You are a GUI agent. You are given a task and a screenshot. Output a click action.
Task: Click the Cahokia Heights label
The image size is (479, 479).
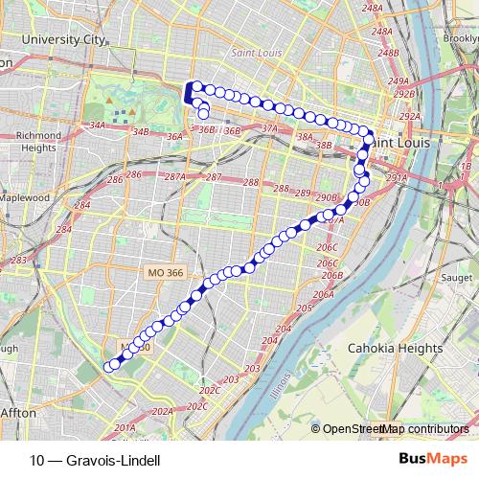(x=394, y=347)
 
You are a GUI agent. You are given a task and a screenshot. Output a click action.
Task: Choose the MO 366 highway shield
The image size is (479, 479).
(x=160, y=273)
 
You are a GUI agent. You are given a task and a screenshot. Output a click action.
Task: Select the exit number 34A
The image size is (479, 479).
(x=97, y=125)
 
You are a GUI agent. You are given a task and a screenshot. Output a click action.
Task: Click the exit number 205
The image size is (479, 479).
(x=305, y=308)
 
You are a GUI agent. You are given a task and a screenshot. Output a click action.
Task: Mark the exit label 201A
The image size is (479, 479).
(x=124, y=428)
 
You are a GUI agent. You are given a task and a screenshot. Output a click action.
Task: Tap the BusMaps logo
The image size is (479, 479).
(x=433, y=460)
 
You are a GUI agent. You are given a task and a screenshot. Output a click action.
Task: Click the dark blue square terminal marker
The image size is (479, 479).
(x=189, y=94)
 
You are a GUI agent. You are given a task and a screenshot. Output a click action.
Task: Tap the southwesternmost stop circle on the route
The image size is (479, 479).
(x=112, y=364)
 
